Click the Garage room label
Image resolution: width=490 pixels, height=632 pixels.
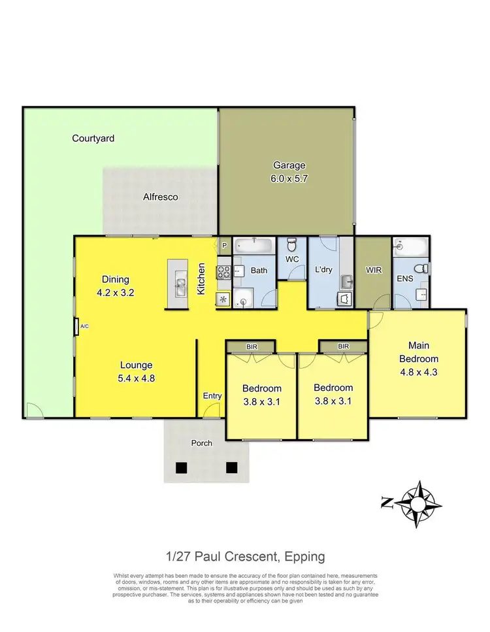pos(289,165)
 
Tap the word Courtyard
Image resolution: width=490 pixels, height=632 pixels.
pos(93,139)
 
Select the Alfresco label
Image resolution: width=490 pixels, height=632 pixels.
pos(161,196)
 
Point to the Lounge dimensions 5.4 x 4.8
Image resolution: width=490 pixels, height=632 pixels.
pos(136,378)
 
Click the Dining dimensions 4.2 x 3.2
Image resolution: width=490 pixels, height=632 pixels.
pos(114,293)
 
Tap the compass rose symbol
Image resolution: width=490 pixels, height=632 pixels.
pos(416,502)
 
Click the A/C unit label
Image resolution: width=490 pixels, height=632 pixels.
pos(84,326)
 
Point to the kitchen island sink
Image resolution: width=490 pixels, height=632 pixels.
pos(180,284)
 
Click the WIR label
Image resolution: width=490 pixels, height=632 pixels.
pos(374,269)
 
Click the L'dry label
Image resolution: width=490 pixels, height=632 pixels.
pos(324,269)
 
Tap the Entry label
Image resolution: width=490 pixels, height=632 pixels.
pos(212,395)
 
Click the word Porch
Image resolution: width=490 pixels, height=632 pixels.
pos(201,443)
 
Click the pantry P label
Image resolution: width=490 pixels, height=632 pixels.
pos(223,245)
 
